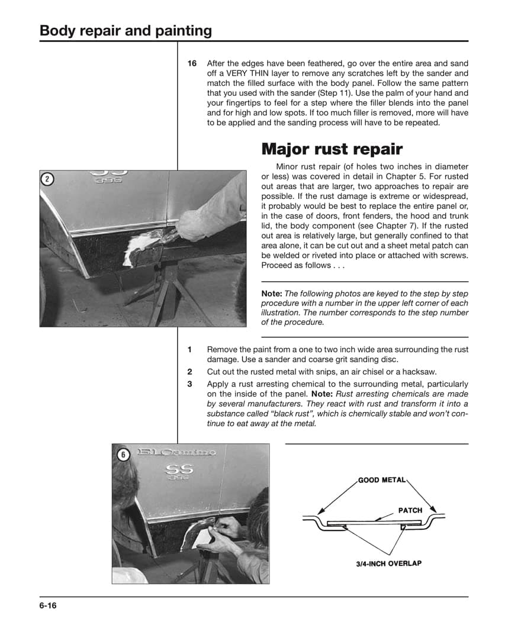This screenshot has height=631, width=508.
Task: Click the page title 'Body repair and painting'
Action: click(x=126, y=31)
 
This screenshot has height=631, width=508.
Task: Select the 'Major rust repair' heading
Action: click(x=332, y=149)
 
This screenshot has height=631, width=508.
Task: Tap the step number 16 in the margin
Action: click(x=192, y=63)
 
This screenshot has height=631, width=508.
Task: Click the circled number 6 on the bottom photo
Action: click(x=123, y=455)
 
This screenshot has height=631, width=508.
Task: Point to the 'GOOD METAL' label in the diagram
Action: click(x=382, y=479)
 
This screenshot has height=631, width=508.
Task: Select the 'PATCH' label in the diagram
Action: click(x=410, y=510)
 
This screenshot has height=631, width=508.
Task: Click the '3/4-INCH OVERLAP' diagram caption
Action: click(x=388, y=563)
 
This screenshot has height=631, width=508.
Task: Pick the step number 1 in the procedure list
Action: click(x=189, y=350)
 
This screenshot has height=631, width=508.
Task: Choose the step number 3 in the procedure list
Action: click(x=189, y=384)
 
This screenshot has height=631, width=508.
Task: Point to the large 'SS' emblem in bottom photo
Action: click(x=179, y=468)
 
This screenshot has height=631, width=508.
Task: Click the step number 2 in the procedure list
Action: click(x=189, y=372)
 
